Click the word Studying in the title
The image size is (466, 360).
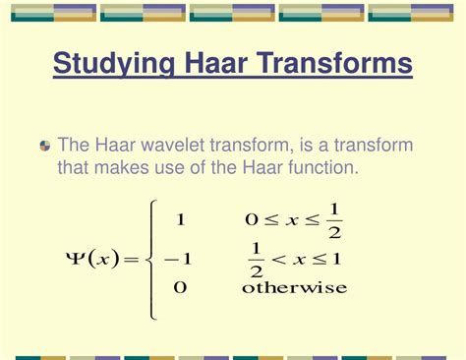point(111,66)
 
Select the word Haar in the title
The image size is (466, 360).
point(213,65)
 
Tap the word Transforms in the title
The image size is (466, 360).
point(334,65)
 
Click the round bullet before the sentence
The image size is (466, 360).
point(45,146)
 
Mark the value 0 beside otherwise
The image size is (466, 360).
point(180,288)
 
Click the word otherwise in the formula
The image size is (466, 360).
point(295,288)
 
